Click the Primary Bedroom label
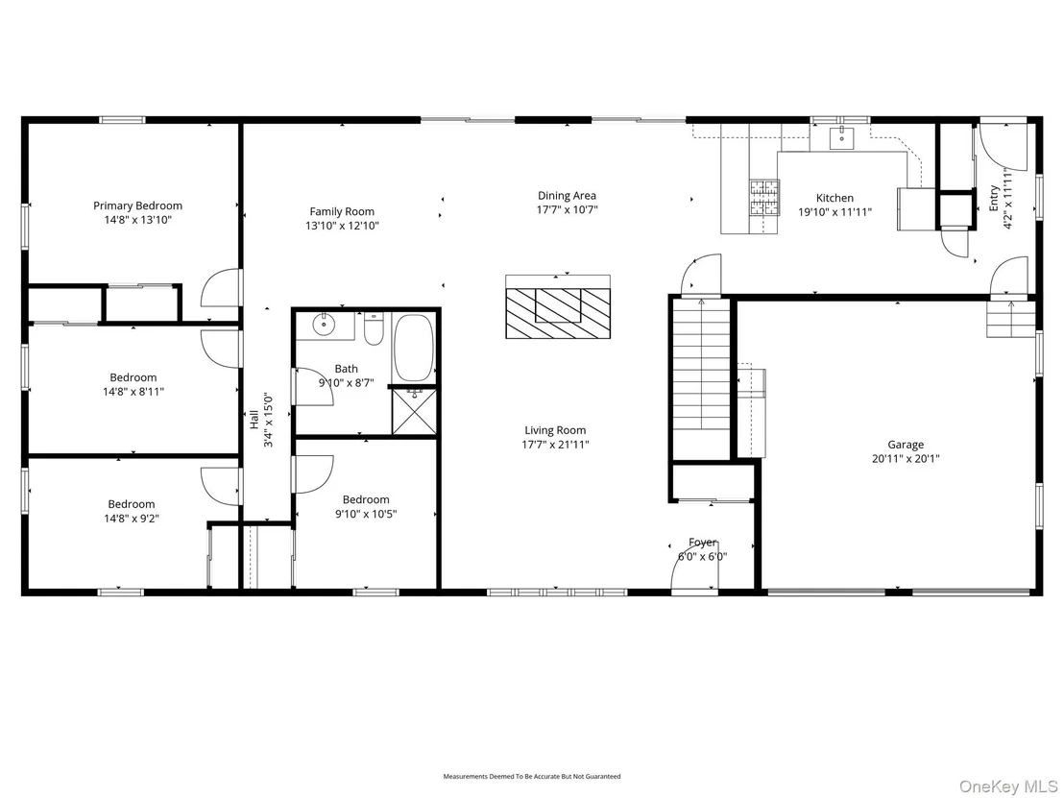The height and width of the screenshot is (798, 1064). pyautogui.click(x=137, y=206)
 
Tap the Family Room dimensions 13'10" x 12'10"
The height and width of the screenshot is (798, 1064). pyautogui.click(x=342, y=226)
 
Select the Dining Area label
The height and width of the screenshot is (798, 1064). pyautogui.click(x=568, y=196)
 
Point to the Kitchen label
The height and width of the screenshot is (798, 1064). pyautogui.click(x=834, y=198)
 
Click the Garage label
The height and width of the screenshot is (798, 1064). pyautogui.click(x=906, y=445)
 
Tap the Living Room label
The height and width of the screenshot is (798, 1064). pyautogui.click(x=555, y=430)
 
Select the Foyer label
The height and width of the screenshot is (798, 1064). pyautogui.click(x=702, y=543)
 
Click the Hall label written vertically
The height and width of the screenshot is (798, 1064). pyautogui.click(x=254, y=420)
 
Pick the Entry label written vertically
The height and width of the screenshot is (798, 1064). pyautogui.click(x=994, y=198)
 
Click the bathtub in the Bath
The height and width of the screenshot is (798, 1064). pyautogui.click(x=414, y=348)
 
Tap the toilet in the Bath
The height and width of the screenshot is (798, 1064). pyautogui.click(x=374, y=329)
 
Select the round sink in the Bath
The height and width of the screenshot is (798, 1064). pyautogui.click(x=325, y=325)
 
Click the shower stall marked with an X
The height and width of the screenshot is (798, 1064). pyautogui.click(x=414, y=411)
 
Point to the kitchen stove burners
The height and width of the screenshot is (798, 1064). pyautogui.click(x=764, y=197)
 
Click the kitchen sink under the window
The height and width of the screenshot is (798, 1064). pyautogui.click(x=841, y=137)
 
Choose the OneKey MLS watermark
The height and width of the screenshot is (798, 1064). pyautogui.click(x=1007, y=786)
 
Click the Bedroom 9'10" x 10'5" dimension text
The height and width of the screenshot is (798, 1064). pyautogui.click(x=366, y=515)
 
